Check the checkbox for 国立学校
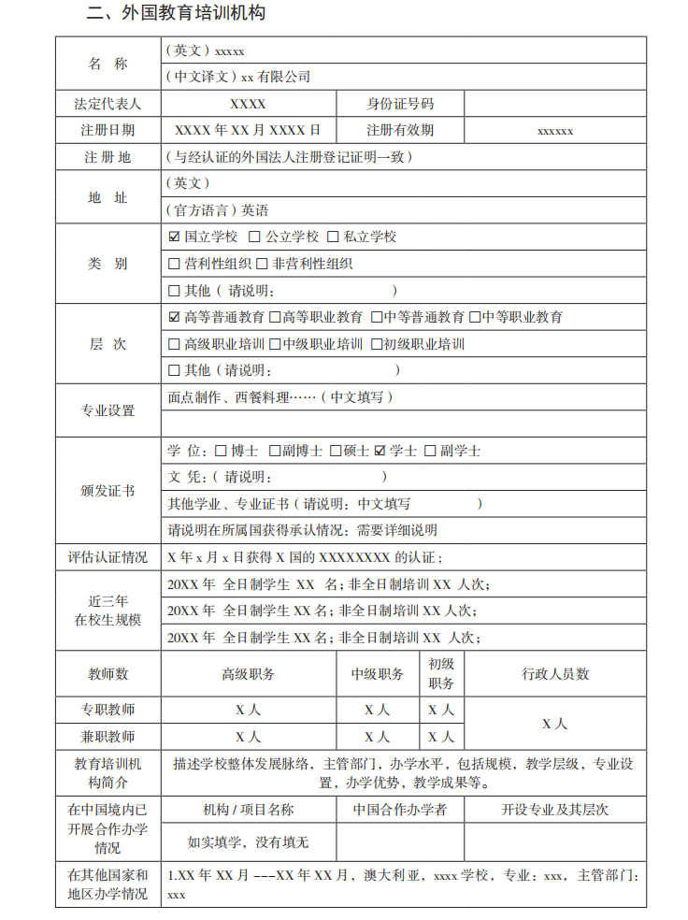(x=174, y=237)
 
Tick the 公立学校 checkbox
(x=255, y=237)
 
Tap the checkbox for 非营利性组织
(x=264, y=265)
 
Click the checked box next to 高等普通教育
(x=174, y=318)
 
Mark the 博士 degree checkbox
(x=221, y=451)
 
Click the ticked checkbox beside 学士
(x=380, y=451)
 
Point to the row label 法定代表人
(x=107, y=104)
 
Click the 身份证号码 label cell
(x=400, y=104)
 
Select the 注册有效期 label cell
(x=400, y=131)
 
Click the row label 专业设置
(x=107, y=410)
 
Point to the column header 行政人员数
(x=555, y=674)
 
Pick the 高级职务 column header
(x=248, y=674)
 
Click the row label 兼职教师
(x=107, y=737)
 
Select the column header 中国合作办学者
(x=400, y=810)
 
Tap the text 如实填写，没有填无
(x=248, y=842)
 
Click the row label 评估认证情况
(x=107, y=557)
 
